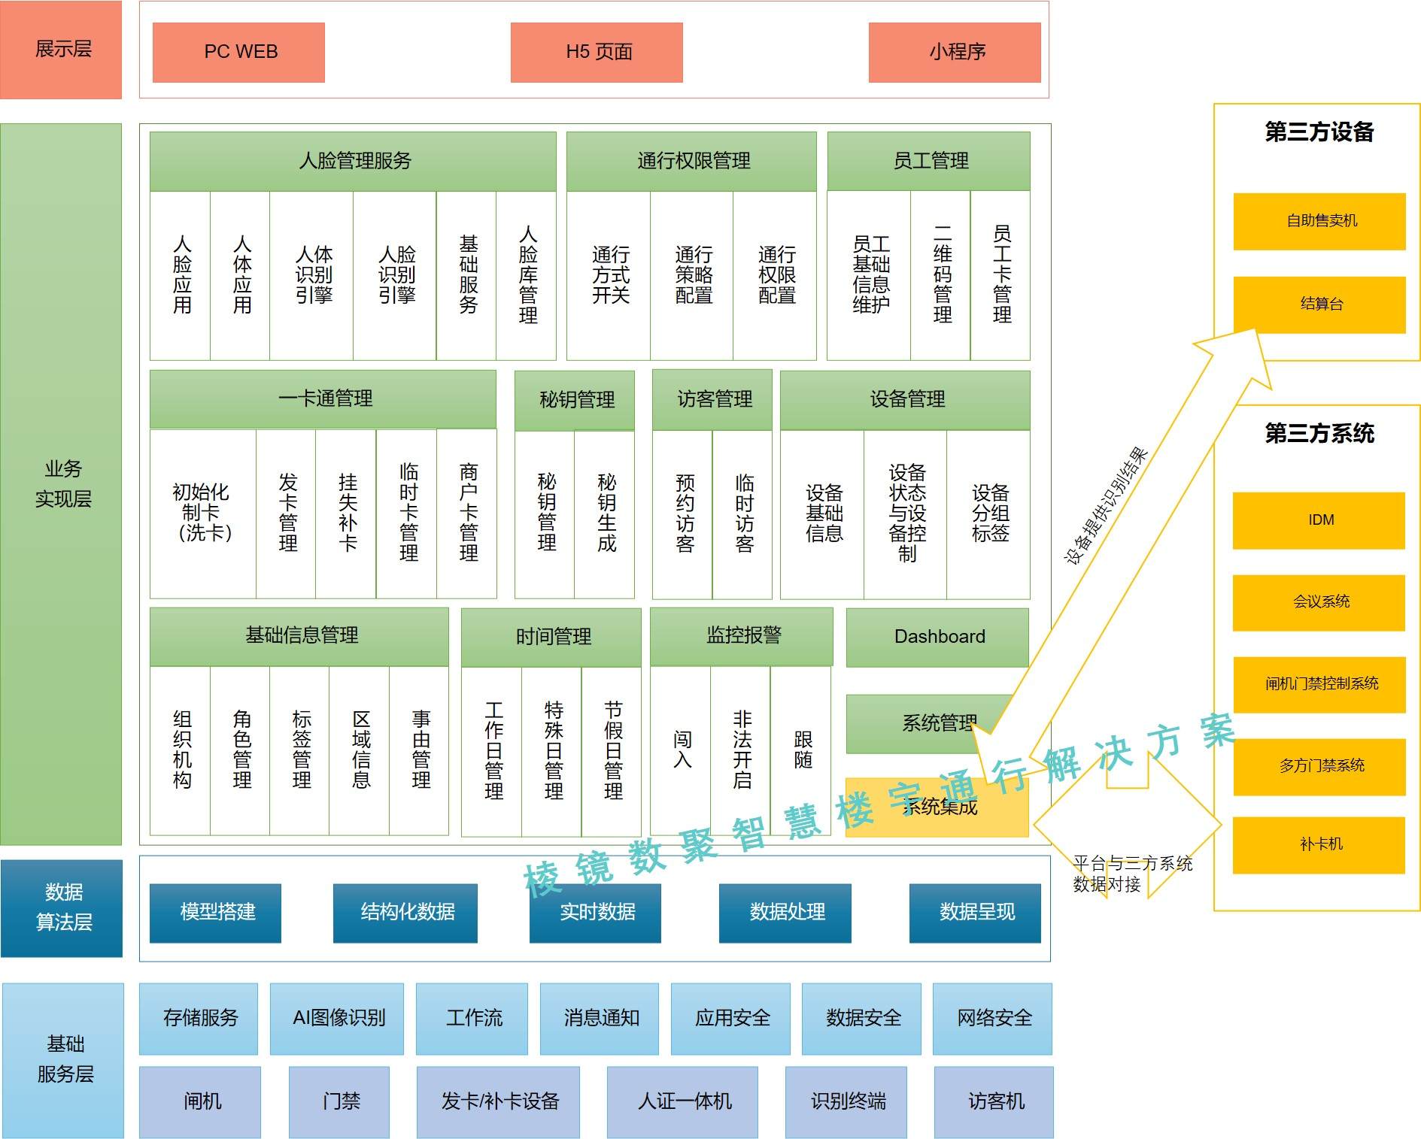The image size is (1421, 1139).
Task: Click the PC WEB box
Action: coord(238,52)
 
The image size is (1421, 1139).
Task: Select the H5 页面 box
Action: coord(597,52)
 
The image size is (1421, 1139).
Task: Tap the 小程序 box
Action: coord(955,52)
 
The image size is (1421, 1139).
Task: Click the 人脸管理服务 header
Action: coord(353,161)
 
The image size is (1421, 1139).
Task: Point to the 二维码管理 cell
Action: coord(941,274)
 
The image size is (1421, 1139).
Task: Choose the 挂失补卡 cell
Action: coord(347,513)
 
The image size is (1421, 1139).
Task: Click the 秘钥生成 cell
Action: coord(606,513)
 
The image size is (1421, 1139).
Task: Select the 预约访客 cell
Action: coord(683,513)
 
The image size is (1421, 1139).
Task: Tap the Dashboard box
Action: coord(938,637)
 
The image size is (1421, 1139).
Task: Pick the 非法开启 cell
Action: coord(741,750)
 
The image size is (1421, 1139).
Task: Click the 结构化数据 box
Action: coord(405,913)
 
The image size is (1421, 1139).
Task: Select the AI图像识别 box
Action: coord(338,1018)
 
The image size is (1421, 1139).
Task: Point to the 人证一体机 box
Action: coord(683,1101)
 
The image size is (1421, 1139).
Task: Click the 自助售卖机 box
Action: coord(1320,221)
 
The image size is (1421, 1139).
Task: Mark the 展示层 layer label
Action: coord(62,50)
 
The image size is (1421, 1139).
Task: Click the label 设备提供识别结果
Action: coord(1105,506)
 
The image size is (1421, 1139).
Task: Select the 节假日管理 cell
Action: coord(612,750)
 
